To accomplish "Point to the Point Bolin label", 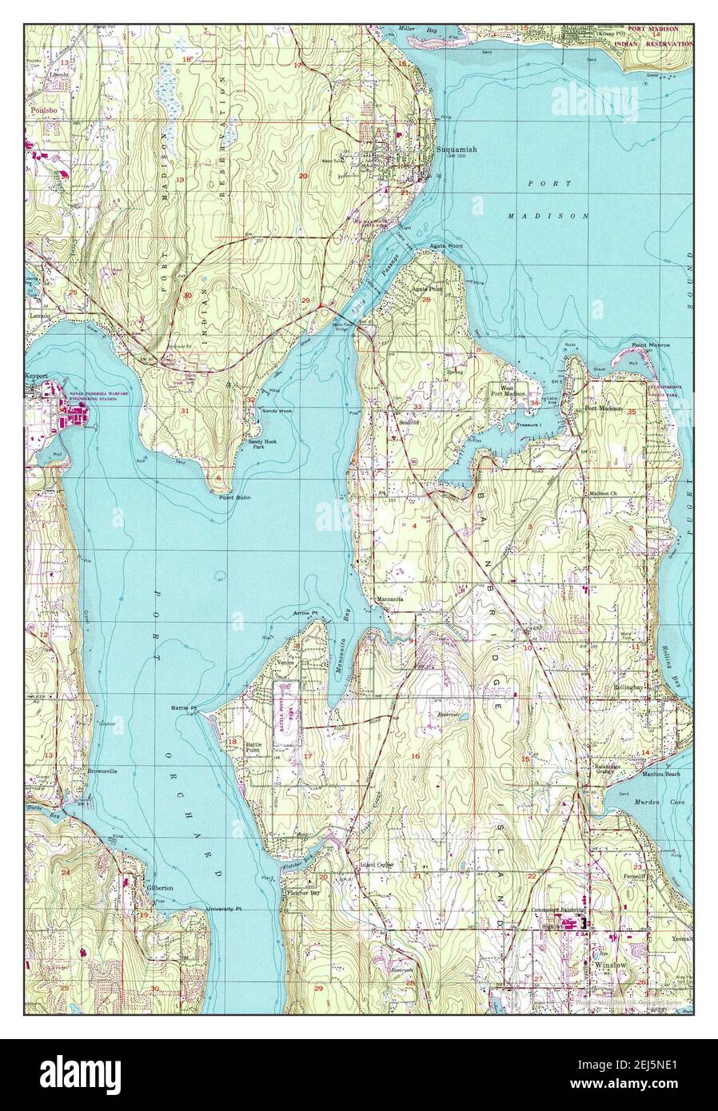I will (234, 497).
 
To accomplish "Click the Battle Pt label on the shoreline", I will (183, 707).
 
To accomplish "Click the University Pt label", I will (223, 910).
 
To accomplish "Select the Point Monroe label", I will (651, 344).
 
